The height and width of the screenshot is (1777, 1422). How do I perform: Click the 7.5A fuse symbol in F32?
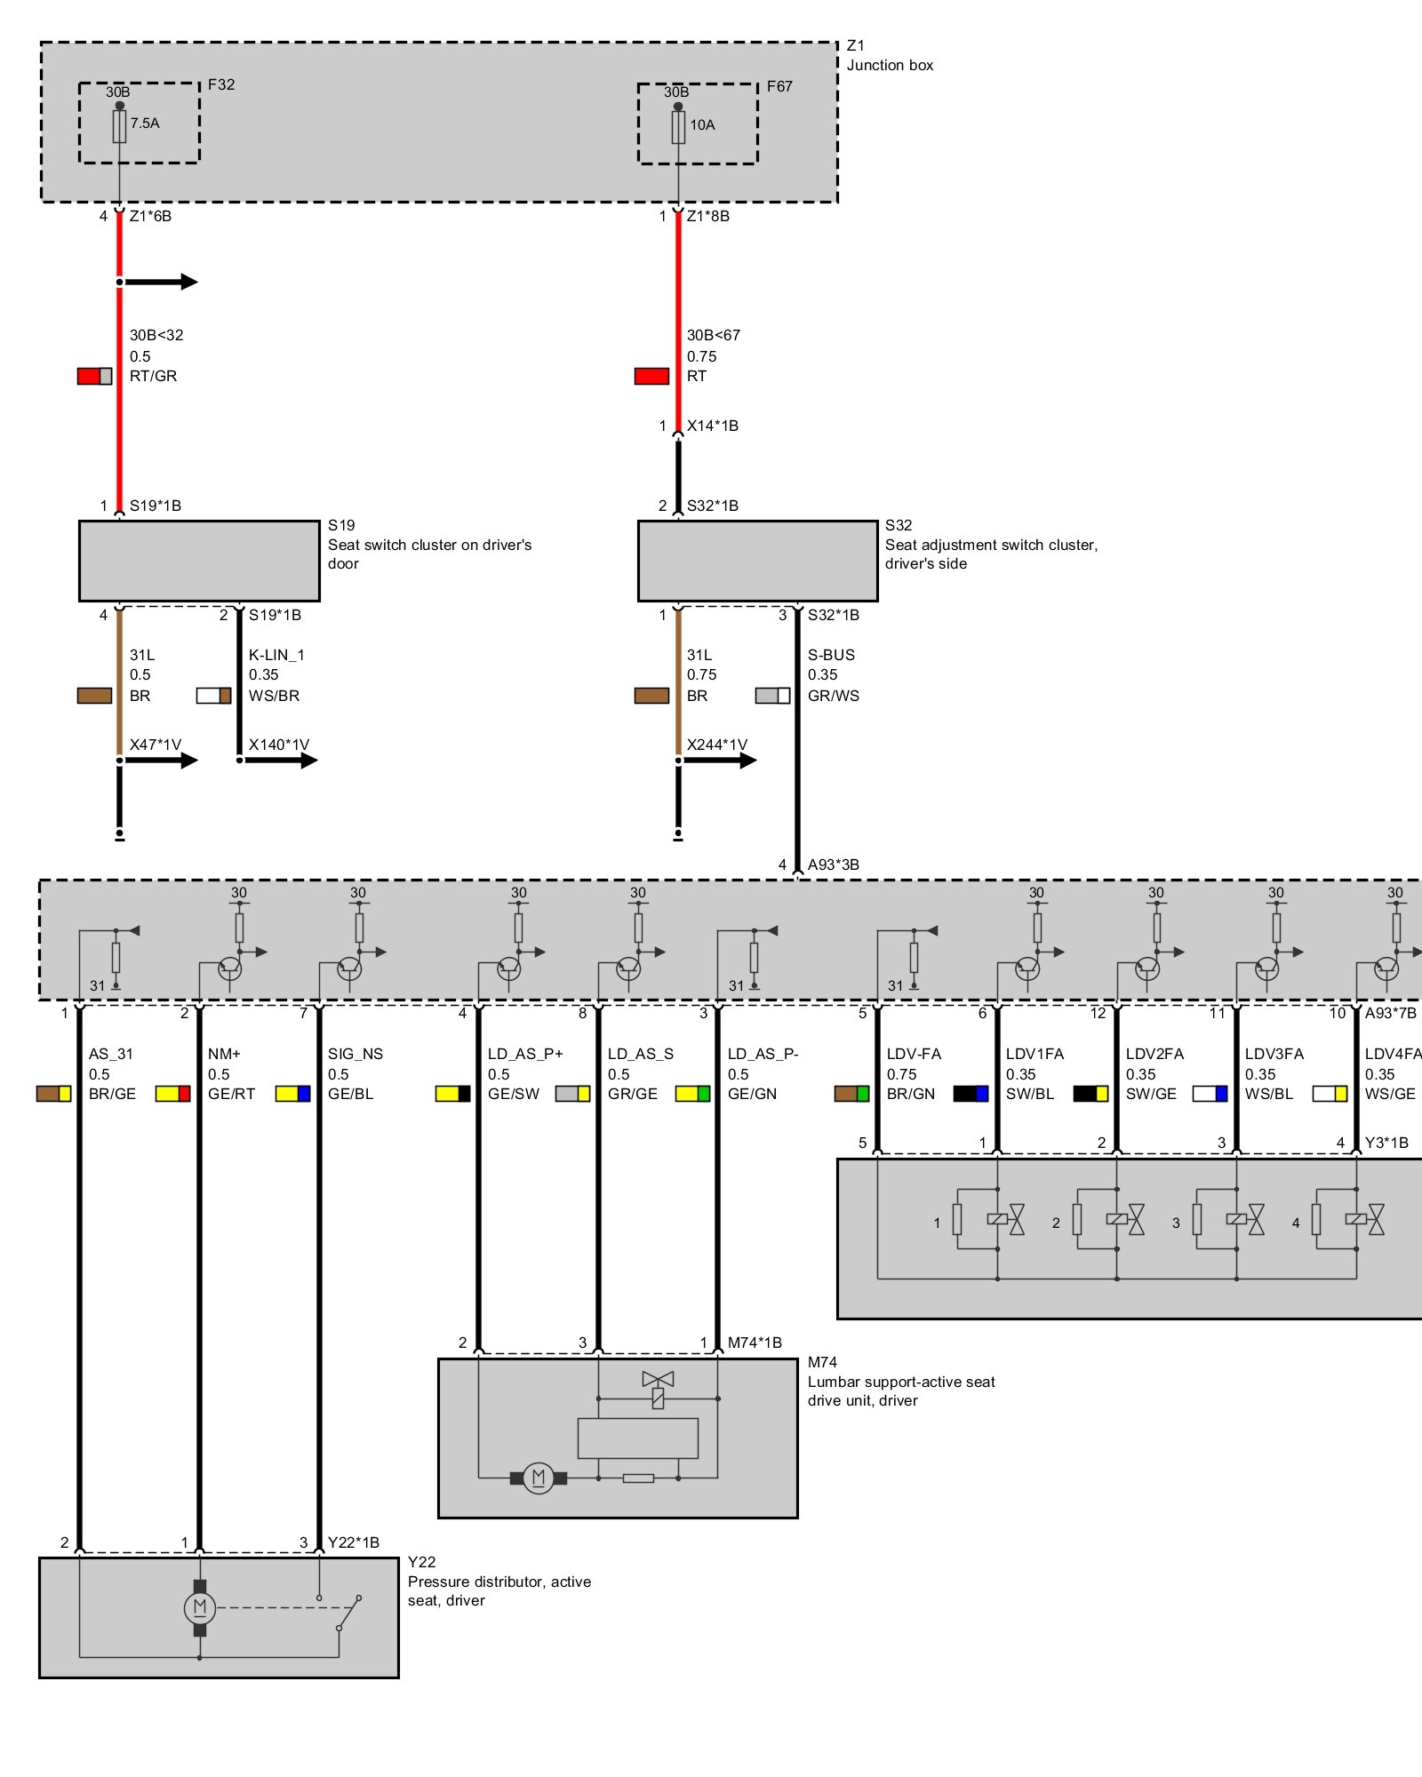coord(119,126)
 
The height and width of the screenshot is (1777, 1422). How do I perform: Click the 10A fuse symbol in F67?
coord(678,127)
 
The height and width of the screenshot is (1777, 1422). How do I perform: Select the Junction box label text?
coord(890,65)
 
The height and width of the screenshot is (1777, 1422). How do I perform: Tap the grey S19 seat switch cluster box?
coord(199,561)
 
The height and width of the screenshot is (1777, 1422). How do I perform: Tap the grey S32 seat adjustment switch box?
coord(757,561)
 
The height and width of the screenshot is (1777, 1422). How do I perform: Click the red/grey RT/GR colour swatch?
coord(94,376)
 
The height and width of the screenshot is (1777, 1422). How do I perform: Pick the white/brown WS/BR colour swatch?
coord(213,696)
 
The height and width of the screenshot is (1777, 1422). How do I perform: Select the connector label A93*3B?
coord(833,865)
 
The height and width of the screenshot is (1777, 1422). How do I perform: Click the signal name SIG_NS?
coord(355,1054)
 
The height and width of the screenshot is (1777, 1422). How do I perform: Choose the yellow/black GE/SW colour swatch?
coord(452,1094)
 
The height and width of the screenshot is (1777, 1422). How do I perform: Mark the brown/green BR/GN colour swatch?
coord(851,1094)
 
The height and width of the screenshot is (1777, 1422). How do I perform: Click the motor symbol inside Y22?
coord(199,1607)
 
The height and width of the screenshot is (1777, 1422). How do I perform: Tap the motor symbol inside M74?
coord(538,1478)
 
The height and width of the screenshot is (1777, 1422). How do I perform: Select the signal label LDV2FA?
coord(1154,1054)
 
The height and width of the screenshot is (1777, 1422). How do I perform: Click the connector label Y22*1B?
coord(354,1542)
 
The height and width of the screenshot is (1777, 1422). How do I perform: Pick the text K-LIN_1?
coord(276,655)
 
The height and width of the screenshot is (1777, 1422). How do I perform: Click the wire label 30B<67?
coord(714,335)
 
